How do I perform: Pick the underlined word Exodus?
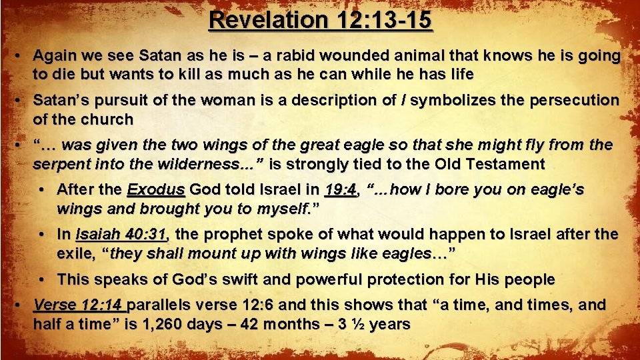156,190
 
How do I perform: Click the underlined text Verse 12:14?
79,305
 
